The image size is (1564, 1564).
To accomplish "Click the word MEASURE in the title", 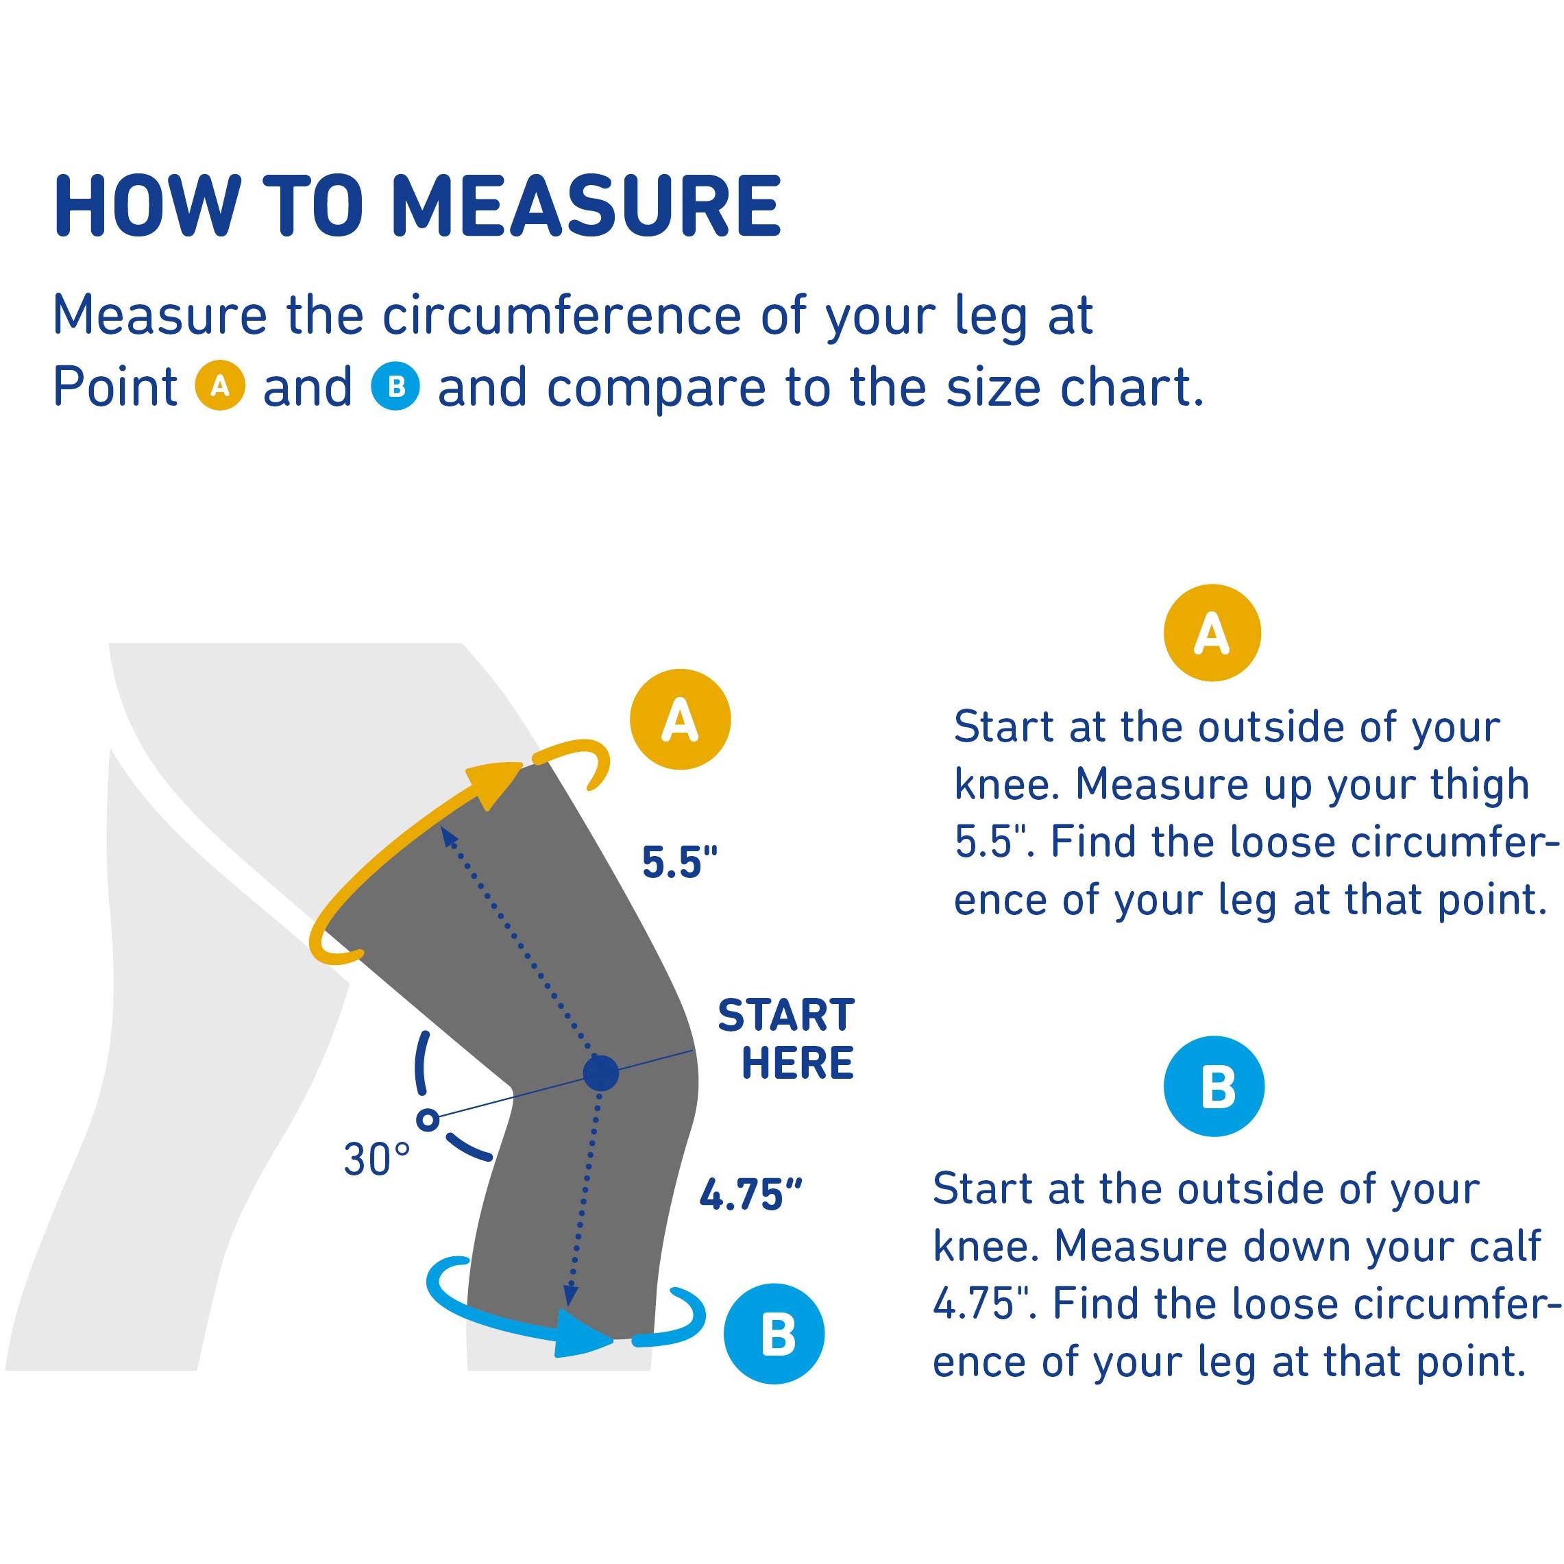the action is coord(585,206).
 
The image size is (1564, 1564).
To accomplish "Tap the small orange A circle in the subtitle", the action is coord(220,386).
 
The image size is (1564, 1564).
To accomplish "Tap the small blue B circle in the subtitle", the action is coord(396,386).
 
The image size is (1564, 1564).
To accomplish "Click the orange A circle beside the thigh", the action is coord(680,719).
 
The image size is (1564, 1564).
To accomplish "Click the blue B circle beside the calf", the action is coord(774,1334).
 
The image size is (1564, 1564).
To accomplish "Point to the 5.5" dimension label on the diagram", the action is coord(680,862).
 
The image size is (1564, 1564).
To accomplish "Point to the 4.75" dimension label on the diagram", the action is coord(750,1195).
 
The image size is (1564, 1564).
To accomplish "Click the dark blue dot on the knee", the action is coord(600,1073).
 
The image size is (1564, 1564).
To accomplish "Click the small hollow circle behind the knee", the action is coord(428,1120).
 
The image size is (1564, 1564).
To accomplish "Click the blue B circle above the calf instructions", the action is coord(1214,1086).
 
